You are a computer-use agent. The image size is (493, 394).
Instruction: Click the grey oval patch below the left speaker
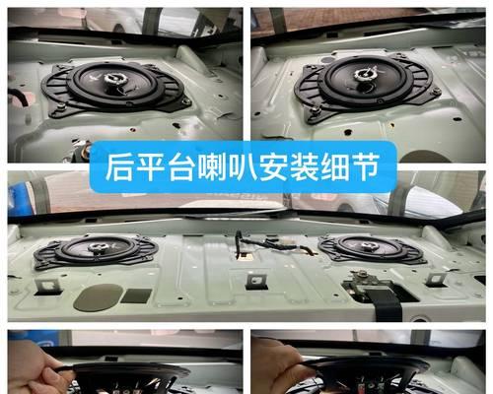tap(98, 296)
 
